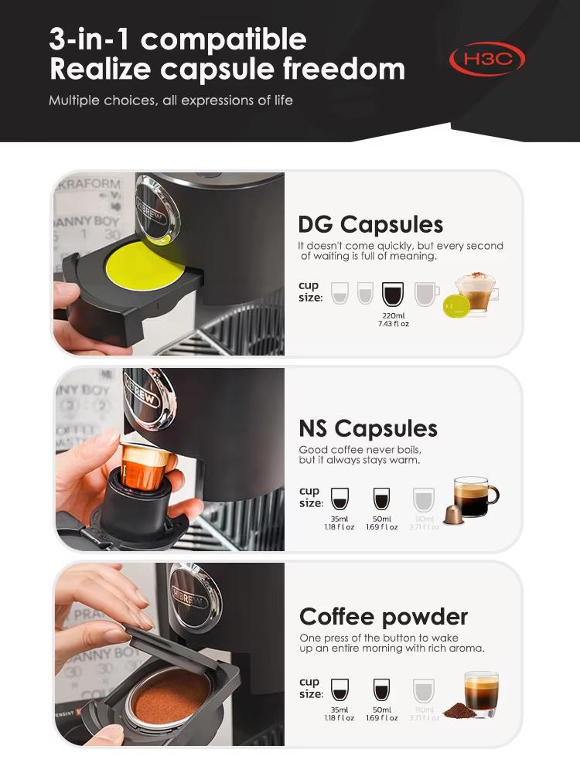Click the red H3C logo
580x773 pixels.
click(x=487, y=59)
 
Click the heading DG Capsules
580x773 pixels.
click(x=370, y=224)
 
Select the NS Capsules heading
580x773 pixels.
click(x=368, y=428)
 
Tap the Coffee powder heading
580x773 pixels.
click(x=384, y=617)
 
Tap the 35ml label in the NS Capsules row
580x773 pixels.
click(x=339, y=519)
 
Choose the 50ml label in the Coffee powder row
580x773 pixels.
click(x=382, y=709)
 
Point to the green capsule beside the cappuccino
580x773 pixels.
click(x=457, y=307)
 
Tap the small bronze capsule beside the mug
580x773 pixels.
click(x=455, y=514)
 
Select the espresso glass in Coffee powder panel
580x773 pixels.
click(x=481, y=691)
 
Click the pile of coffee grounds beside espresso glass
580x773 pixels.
click(x=459, y=710)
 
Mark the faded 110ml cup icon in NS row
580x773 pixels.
click(x=424, y=499)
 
